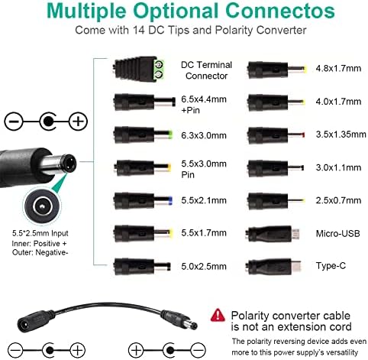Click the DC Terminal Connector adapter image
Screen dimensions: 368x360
tap(139, 69)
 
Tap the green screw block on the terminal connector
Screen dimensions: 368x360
tap(160, 69)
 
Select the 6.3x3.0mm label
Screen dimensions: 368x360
tap(204, 135)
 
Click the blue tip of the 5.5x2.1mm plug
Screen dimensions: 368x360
tap(170, 200)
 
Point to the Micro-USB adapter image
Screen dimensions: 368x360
tap(273, 233)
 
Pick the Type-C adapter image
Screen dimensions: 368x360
tap(273, 267)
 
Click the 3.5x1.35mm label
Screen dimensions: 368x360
tap(341, 135)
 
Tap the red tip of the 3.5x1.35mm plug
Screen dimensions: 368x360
tap(303, 135)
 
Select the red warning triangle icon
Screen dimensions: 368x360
tap(218, 315)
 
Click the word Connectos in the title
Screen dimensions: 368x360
tap(280, 11)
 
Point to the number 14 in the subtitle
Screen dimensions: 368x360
tap(139, 30)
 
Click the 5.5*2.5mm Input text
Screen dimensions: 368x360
tap(40, 233)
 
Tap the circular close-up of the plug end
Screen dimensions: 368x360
tap(43, 206)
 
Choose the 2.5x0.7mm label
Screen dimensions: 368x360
tap(338, 200)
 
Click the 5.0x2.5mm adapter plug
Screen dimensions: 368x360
tap(143, 267)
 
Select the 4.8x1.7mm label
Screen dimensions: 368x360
tap(338, 69)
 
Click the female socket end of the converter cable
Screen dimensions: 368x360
tap(32, 321)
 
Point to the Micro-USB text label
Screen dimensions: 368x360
tap(337, 234)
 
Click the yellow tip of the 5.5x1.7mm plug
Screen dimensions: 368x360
tap(171, 233)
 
